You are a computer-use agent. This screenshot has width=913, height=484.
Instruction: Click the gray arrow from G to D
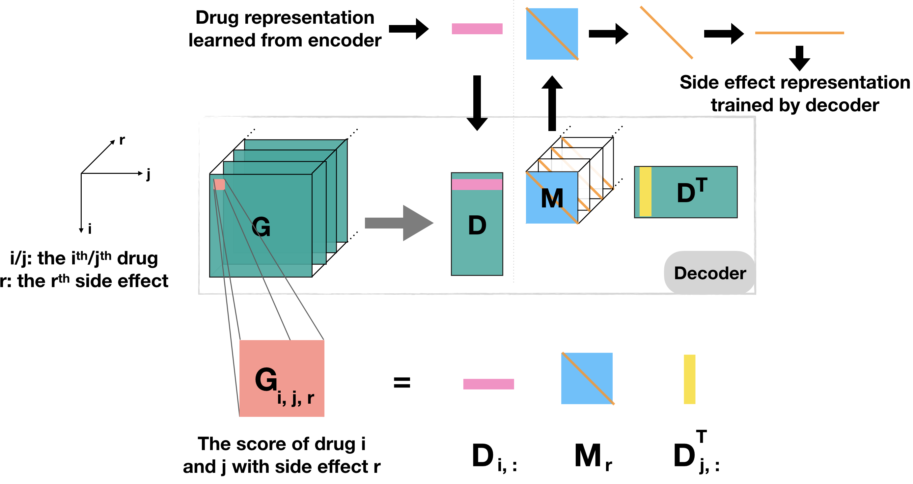(399, 223)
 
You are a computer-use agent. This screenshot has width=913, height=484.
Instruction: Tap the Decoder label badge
(709, 273)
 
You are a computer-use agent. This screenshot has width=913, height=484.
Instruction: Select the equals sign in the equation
(402, 383)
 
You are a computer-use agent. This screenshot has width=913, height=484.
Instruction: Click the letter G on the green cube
(261, 227)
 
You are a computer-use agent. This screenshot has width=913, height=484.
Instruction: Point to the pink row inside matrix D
(477, 185)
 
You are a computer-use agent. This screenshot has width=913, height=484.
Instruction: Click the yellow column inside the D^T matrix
(646, 192)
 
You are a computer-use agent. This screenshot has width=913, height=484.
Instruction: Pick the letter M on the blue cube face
(552, 199)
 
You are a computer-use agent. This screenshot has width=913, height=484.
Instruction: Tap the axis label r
(122, 140)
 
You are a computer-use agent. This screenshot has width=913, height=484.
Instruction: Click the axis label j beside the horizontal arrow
(148, 174)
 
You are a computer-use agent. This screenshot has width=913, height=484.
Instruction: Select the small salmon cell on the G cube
(219, 184)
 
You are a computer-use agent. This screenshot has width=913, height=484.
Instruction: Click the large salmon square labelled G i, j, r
(282, 378)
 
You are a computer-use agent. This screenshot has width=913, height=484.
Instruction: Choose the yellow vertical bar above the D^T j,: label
(689, 379)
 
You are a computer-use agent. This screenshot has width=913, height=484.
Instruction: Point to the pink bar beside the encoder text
(477, 29)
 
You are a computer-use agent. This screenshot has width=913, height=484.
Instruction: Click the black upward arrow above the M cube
(552, 103)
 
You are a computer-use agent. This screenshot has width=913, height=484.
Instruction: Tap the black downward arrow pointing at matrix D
(477, 103)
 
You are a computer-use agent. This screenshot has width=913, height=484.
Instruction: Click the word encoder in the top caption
(345, 40)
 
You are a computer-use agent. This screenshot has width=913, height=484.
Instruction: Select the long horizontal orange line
(799, 33)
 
